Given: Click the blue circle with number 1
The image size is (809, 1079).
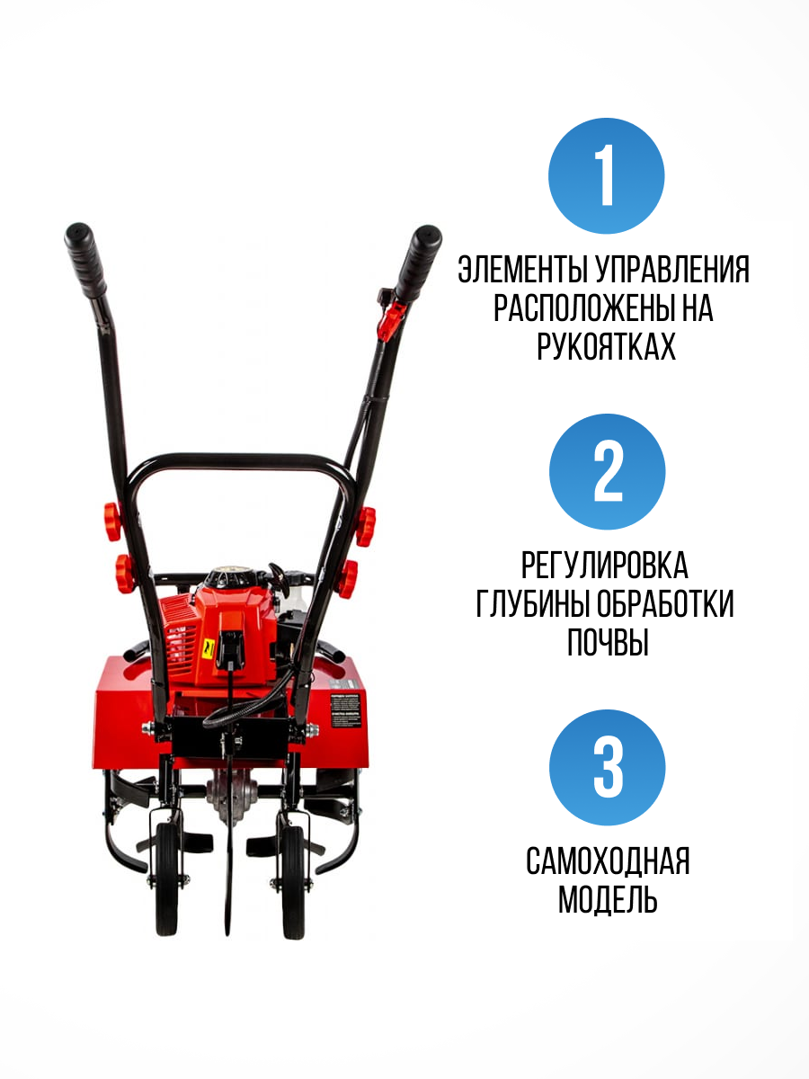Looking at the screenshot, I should coord(607,176).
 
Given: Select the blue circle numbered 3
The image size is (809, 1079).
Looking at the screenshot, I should coord(607,767).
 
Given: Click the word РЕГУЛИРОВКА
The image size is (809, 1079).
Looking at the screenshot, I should coord(604,566).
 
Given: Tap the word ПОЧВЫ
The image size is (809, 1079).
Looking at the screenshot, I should coord(607,643).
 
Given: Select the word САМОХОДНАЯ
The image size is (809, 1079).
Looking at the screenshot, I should coord(607,861).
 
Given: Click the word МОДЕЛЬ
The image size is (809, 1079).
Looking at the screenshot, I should coord(607,900).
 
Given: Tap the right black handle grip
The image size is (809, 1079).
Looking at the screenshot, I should coord(418,261).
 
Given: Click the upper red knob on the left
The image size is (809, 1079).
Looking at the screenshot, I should coord(112,521).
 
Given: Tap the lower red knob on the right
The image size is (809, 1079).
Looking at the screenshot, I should coord(347,575).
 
